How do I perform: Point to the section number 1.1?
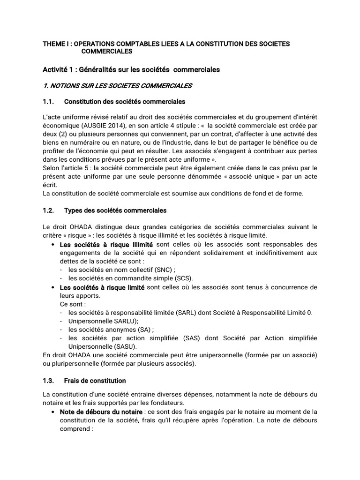49,101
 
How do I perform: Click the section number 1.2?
49,211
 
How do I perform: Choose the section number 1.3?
49,381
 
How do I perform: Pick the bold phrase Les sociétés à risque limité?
102,287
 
